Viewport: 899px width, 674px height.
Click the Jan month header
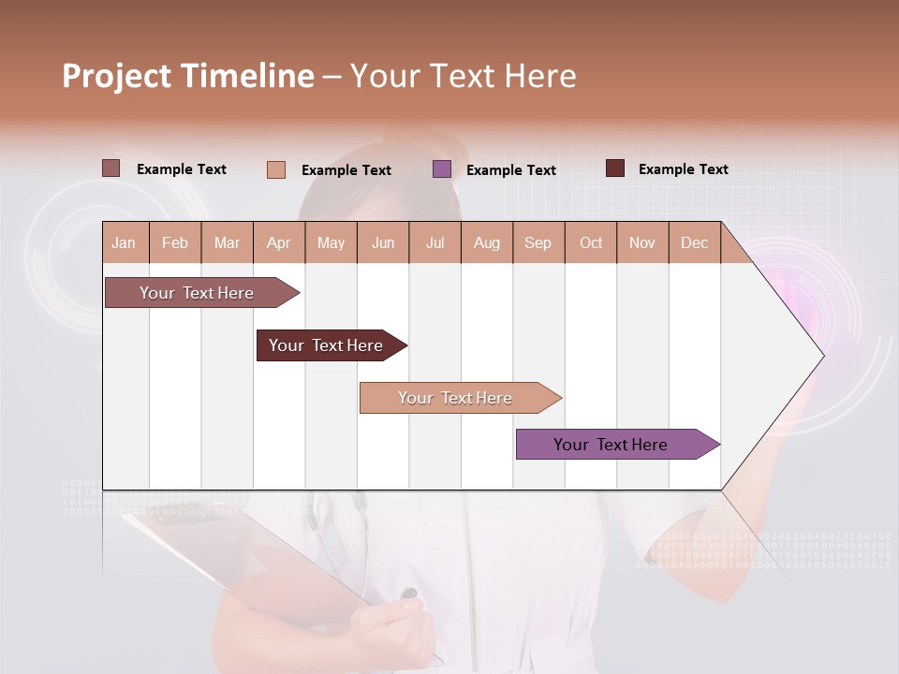tap(125, 242)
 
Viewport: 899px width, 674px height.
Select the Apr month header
tap(279, 242)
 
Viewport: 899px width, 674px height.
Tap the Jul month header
tap(435, 242)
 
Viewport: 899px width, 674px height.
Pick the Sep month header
tap(538, 242)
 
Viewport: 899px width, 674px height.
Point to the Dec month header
tap(694, 242)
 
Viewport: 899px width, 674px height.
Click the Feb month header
tap(175, 242)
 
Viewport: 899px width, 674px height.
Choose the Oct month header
tap(591, 242)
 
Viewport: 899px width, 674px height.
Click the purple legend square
tap(442, 169)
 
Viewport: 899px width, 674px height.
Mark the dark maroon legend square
tap(615, 168)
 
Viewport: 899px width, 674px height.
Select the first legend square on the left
tap(111, 168)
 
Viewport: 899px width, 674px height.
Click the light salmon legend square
tap(276, 169)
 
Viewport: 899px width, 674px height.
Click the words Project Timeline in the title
tap(188, 76)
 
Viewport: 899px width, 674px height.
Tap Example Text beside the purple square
tap(510, 170)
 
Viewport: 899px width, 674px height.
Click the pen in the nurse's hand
tap(409, 595)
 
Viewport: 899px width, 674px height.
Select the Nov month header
tap(642, 242)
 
